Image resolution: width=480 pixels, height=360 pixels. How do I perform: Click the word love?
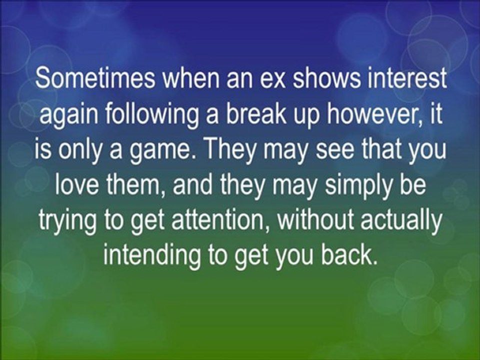(73, 186)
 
